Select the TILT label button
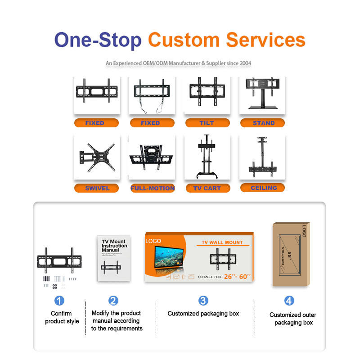pyautogui.click(x=207, y=123)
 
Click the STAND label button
pyautogui.click(x=263, y=123)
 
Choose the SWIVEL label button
pyautogui.click(x=97, y=188)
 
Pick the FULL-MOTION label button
pyautogui.click(x=152, y=188)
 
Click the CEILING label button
pyautogui.click(x=264, y=188)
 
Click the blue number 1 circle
pyautogui.click(x=59, y=301)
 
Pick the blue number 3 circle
pyautogui.click(x=203, y=301)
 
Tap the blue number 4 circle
pyautogui.click(x=289, y=301)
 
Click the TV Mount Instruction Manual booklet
pyautogui.click(x=114, y=258)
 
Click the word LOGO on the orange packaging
pyautogui.click(x=153, y=241)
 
